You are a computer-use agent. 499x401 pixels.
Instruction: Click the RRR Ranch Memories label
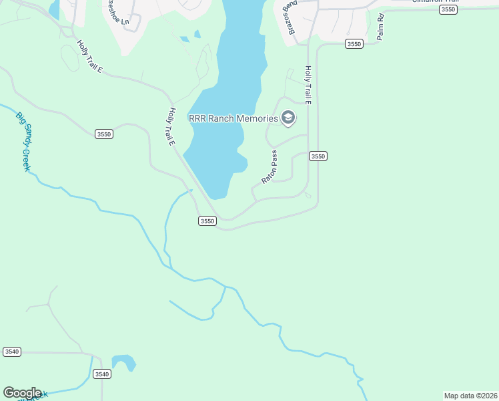point(233,118)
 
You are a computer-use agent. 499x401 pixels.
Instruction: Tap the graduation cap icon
point(288,118)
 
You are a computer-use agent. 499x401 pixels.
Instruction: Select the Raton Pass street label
point(270,167)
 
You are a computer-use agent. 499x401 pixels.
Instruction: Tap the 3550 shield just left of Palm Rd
point(354,44)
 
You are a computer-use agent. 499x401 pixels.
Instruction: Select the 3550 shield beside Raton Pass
point(318,156)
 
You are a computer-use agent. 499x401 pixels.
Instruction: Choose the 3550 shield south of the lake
point(207,221)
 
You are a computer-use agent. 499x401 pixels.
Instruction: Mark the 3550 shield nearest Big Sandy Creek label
point(104,134)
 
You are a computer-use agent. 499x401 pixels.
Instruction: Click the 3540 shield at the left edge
point(12,352)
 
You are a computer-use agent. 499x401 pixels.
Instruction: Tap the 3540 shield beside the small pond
point(101,374)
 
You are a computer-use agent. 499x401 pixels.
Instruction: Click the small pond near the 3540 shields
point(123,362)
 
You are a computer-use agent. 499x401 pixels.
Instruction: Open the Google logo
point(22,393)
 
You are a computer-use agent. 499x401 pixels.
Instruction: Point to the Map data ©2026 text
point(470,396)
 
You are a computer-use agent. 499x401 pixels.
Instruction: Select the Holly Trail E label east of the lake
point(308,85)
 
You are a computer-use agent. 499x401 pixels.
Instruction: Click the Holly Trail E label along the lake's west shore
point(171,127)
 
